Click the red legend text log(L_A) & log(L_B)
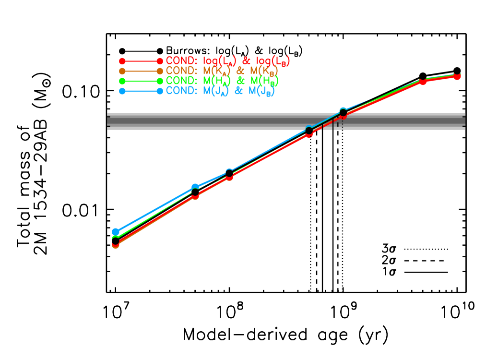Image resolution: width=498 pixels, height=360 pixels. [x=247, y=61]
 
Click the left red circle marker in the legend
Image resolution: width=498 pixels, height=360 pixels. [x=122, y=61]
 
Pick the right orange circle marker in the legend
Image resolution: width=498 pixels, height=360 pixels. [x=160, y=71]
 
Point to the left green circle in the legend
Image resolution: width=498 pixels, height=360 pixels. [x=122, y=81]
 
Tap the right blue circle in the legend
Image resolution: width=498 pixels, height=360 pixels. [x=160, y=91]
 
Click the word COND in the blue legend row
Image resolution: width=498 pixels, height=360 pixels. [x=181, y=90]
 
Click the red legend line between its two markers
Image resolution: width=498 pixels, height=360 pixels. [x=141, y=61]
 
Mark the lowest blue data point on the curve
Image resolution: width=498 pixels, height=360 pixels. [x=116, y=232]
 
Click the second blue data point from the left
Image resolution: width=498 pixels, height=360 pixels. [x=195, y=187]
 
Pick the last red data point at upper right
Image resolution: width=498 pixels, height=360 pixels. [x=457, y=76]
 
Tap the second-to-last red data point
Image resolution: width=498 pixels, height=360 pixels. [x=423, y=82]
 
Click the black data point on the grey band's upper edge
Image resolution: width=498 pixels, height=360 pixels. [x=343, y=112]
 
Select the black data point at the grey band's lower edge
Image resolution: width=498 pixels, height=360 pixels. [x=309, y=131]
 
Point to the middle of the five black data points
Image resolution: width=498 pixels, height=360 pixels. [x=229, y=173]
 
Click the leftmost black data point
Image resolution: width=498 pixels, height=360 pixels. [x=116, y=240]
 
